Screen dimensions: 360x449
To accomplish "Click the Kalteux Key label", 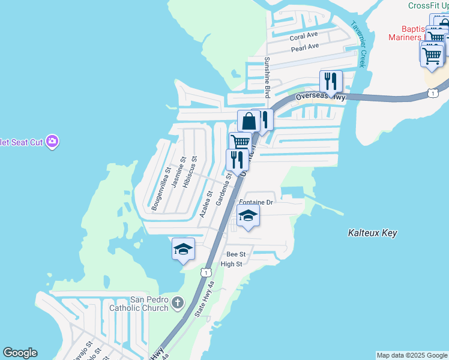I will pos(373,233).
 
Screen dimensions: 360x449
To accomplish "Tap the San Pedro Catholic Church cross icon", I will pos(177,303).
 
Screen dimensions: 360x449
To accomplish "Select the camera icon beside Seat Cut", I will pos(52,142).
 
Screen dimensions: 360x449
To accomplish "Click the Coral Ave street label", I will pos(304,37).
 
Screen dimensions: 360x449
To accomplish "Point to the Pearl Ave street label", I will pos(304,47).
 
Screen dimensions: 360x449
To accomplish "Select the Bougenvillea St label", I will pos(161,190).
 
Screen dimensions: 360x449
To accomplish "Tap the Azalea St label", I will pos(206,203).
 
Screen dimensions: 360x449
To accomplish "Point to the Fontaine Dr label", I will pos(256,203).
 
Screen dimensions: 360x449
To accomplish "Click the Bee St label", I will pos(234,254).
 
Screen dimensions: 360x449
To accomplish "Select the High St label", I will pos(231,264).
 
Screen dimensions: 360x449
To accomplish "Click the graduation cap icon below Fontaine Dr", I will pos(248,215).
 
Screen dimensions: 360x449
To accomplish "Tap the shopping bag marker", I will pos(249,121).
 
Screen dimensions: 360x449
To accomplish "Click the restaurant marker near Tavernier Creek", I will pos(331,81).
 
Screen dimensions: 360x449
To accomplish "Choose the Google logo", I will pos(20,353).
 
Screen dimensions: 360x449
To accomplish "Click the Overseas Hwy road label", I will pos(321,96).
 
